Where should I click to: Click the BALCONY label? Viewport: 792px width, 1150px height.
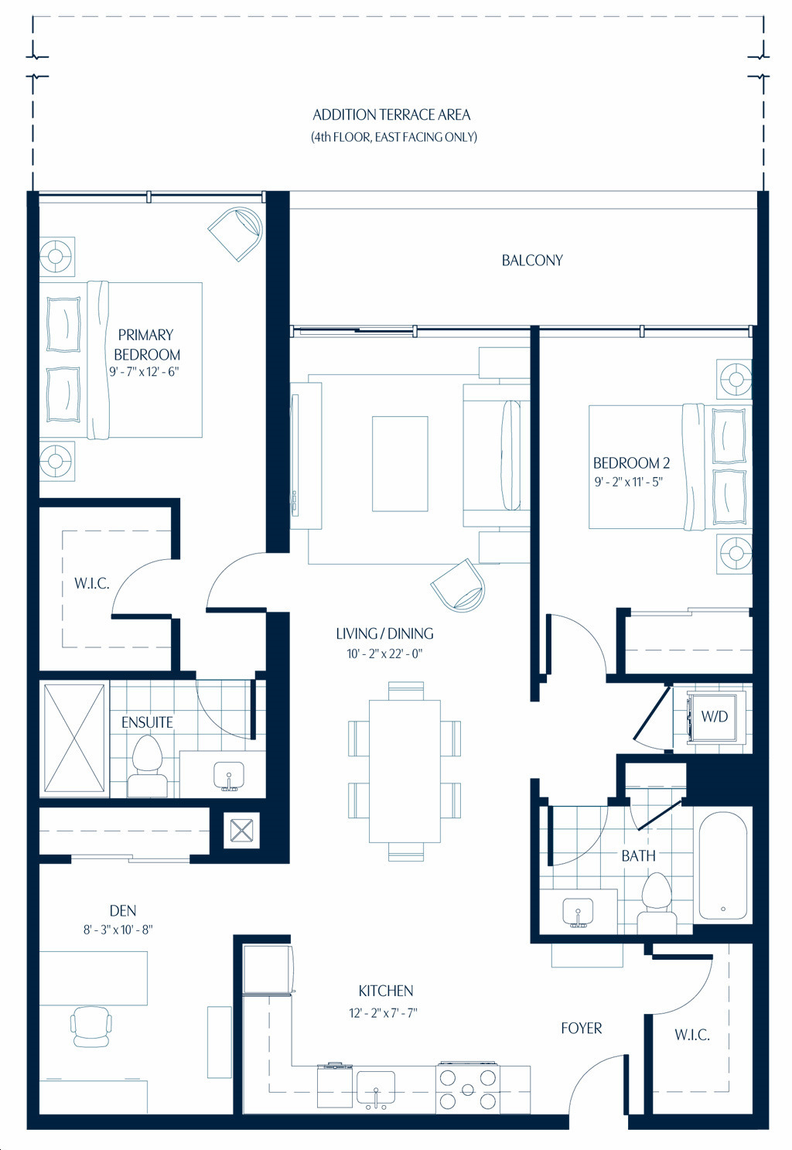point(532,261)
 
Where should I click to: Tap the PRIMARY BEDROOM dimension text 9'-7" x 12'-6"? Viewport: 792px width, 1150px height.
point(144,372)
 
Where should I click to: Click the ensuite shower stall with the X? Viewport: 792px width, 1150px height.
point(74,739)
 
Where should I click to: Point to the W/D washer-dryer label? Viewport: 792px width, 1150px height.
point(715,716)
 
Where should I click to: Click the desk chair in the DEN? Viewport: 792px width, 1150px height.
point(90,1025)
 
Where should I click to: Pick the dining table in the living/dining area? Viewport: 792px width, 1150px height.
point(405,771)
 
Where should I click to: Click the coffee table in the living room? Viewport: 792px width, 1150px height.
point(400,463)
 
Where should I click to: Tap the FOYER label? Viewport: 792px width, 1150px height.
point(581,1028)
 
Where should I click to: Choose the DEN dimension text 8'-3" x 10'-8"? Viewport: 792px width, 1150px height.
point(118,930)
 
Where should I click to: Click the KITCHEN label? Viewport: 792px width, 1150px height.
point(385,991)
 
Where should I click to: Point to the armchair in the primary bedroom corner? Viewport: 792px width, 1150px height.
point(236,234)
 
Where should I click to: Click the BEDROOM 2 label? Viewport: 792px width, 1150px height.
point(631,463)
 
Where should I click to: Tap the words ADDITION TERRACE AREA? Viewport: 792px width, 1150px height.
point(391,114)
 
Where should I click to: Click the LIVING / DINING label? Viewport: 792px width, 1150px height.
point(384,633)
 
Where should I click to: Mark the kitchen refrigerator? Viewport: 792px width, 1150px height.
point(268,969)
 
